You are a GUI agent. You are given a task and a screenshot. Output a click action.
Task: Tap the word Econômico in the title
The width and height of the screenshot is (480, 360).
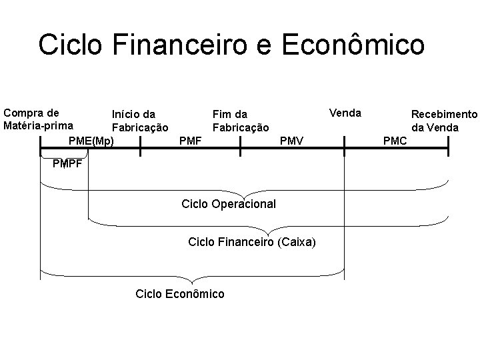pos(353,45)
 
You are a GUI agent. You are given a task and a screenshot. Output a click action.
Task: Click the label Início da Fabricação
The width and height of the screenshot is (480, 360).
pos(139,121)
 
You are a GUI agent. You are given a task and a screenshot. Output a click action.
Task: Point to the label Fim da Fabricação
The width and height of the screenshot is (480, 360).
pos(240,121)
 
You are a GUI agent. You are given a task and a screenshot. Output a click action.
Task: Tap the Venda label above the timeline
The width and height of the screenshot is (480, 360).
pos(345,113)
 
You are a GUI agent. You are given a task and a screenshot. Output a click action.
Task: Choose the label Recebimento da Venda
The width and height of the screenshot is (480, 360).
pos(444,121)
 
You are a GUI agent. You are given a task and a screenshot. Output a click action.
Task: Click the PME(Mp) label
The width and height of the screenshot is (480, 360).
pos(91,141)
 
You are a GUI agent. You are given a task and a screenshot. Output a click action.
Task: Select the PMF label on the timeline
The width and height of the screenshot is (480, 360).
pos(191,141)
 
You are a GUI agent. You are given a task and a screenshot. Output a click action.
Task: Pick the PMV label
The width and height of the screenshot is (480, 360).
pos(291,141)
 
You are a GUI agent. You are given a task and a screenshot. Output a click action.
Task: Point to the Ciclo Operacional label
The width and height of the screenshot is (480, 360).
pos(228,203)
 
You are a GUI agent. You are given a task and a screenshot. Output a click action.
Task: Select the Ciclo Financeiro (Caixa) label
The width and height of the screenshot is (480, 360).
pos(252,241)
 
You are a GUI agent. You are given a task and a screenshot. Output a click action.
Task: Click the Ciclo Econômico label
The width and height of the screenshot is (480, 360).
pos(179,293)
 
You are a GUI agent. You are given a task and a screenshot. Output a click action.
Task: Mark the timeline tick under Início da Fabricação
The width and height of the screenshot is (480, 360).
pos(140,146)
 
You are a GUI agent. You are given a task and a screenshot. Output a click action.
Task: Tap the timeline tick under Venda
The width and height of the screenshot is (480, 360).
pos(344,146)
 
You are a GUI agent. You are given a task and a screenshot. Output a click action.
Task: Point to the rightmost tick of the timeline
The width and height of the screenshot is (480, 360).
pos(448,146)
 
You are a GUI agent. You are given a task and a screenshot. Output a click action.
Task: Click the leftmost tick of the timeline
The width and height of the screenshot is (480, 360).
pos(41,146)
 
